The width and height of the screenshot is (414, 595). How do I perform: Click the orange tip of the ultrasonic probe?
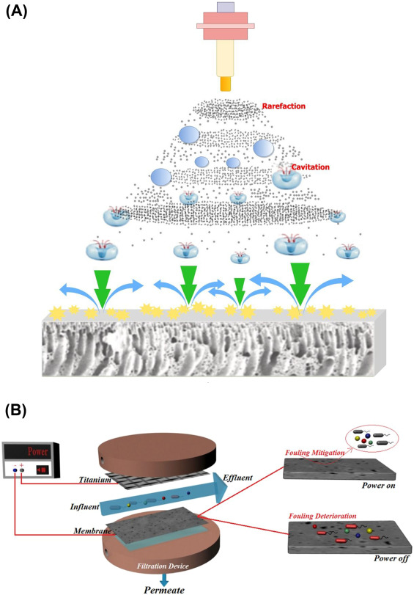225,84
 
